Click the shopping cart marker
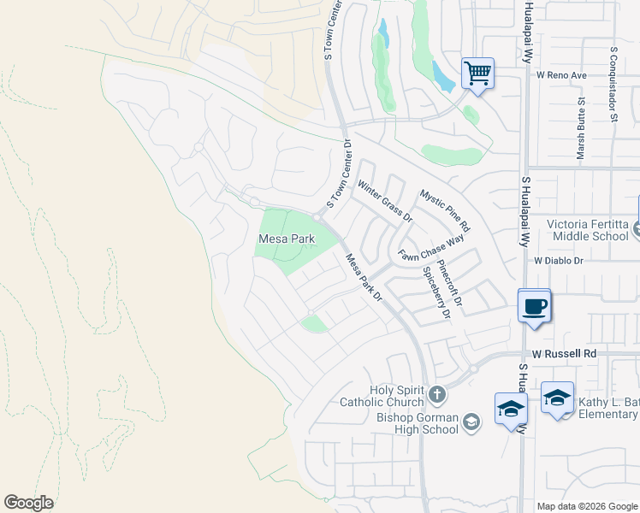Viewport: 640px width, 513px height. pos(477,73)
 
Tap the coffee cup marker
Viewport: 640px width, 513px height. pos(535,306)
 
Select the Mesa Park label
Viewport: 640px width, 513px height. pos(280,238)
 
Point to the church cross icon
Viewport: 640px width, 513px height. pos(437,395)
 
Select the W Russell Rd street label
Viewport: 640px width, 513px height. pos(562,353)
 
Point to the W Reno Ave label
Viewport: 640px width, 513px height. pos(561,75)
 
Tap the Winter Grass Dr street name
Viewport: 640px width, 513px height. pos(385,202)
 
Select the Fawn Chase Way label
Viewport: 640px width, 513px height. pos(430,249)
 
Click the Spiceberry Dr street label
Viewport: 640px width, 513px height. pos(436,292)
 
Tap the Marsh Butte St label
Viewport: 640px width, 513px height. pos(581,128)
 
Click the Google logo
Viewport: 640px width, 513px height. pos(28,503)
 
